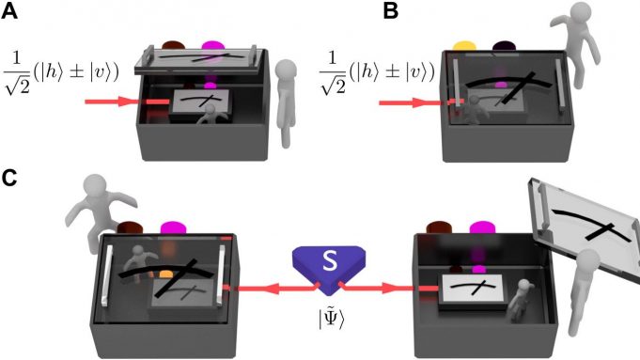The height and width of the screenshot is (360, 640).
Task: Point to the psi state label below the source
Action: pyautogui.click(x=318, y=316)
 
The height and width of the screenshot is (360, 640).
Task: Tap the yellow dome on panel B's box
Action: pyautogui.click(x=464, y=44)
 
